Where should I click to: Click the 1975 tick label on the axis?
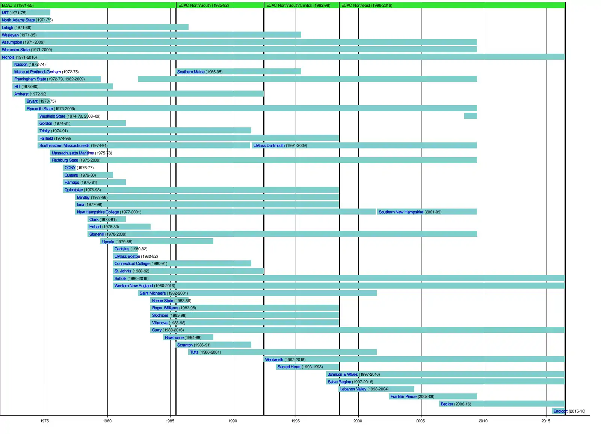pyautogui.click(x=45, y=421)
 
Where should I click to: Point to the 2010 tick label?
pyautogui.click(x=483, y=421)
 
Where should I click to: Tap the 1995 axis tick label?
pyautogui.click(x=295, y=421)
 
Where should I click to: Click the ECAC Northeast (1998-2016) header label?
pyautogui.click(x=367, y=5)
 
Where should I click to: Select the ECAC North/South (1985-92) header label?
pyautogui.click(x=204, y=5)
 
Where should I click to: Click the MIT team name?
pyautogui.click(x=5, y=13)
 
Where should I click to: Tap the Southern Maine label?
pyautogui.click(x=191, y=72)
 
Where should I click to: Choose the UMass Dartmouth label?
pyautogui.click(x=269, y=145)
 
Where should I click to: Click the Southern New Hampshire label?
pyautogui.click(x=401, y=212)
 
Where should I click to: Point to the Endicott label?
pyautogui.click(x=560, y=411)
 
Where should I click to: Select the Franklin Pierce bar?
pyautogui.click(x=433, y=396)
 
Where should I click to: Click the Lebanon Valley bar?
pyautogui.click(x=376, y=389)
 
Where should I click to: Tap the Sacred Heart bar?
pyautogui.click(x=307, y=367)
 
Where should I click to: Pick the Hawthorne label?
pyautogui.click(x=174, y=337)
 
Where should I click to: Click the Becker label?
pyautogui.click(x=447, y=404)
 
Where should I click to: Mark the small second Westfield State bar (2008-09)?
pyautogui.click(x=470, y=116)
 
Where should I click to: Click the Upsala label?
pyautogui.click(x=108, y=242)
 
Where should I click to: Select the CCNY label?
pyautogui.click(x=70, y=168)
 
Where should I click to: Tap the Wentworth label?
pyautogui.click(x=274, y=360)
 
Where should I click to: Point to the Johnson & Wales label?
pyautogui.click(x=343, y=374)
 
